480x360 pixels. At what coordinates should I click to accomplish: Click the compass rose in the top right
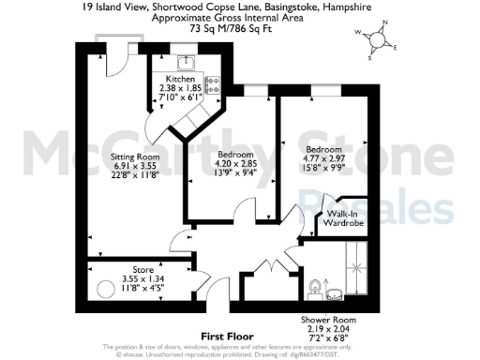pyautogui.click(x=381, y=41)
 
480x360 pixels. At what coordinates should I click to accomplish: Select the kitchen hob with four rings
pyautogui.click(x=211, y=84)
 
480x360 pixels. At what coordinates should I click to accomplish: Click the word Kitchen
pyautogui.click(x=180, y=80)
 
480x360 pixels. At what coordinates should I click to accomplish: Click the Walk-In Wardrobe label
pyautogui.click(x=345, y=219)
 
